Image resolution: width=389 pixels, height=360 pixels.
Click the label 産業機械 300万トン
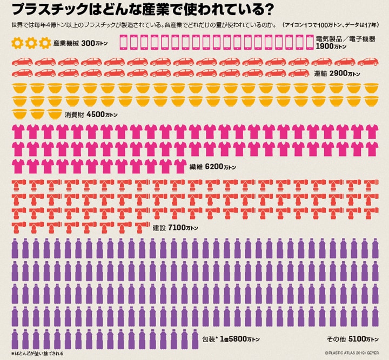coord(81,43)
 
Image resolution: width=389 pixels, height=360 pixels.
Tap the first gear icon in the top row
coord(17,43)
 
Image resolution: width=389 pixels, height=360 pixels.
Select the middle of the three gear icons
coord(31,43)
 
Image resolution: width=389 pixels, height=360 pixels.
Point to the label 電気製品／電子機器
coord(344,38)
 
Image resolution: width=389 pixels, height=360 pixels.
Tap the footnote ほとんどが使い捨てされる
coord(38,354)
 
